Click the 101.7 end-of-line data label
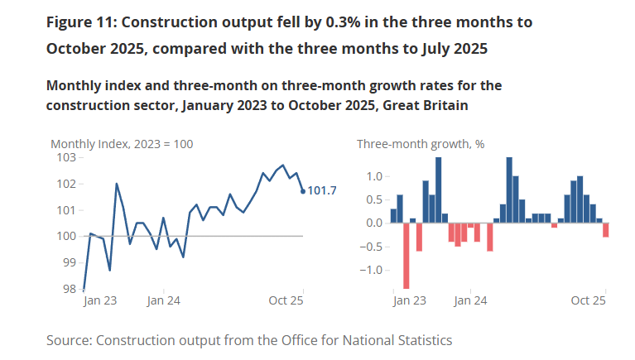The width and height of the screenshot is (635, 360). [322, 191]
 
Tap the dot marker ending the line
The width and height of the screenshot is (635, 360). [302, 191]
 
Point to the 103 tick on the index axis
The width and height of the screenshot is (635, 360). [65, 157]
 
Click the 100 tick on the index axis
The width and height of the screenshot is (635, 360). [65, 237]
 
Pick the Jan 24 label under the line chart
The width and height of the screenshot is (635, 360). [165, 301]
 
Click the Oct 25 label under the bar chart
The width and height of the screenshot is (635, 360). [589, 301]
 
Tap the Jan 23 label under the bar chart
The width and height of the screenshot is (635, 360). [409, 301]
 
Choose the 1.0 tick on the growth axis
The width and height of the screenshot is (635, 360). [374, 176]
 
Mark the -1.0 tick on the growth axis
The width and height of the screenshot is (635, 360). [373, 270]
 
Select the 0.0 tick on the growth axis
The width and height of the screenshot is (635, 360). [374, 223]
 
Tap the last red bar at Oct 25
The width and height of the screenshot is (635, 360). [606, 230]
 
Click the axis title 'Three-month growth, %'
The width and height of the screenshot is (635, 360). [421, 144]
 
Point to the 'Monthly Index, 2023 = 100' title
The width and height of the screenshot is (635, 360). [122, 144]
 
